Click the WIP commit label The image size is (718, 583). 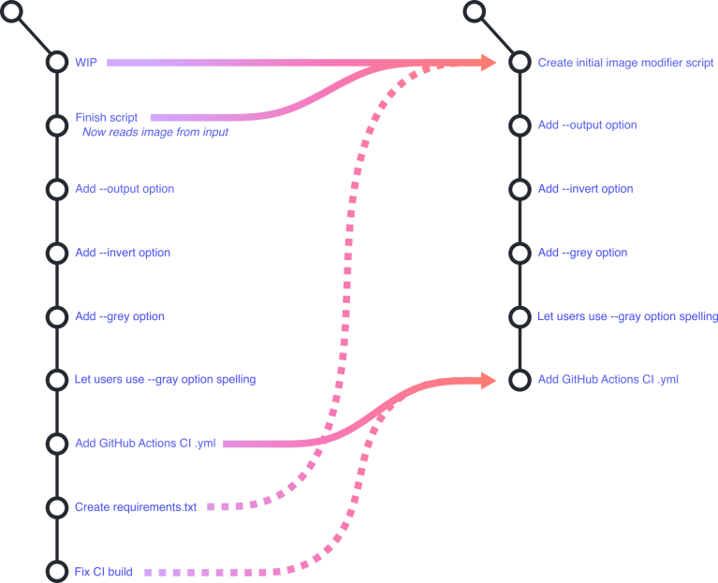[x=86, y=63]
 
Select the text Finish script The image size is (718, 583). [x=107, y=118]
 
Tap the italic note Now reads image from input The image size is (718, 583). [x=155, y=133]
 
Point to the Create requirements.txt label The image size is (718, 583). [x=136, y=507]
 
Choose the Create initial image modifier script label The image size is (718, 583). [x=625, y=63]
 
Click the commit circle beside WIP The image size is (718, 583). [x=58, y=62]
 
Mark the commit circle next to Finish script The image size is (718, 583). [x=58, y=124]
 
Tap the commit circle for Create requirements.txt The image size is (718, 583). [x=58, y=507]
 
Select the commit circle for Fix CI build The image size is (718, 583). [x=58, y=571]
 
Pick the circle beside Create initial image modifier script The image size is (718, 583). [x=520, y=62]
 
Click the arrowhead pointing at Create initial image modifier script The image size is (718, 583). [x=488, y=62]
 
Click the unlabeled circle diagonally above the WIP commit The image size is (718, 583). [x=13, y=12]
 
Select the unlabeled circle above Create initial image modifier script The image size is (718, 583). [x=476, y=12]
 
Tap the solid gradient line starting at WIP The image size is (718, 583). [x=234, y=62]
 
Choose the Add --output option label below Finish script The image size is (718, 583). [x=125, y=189]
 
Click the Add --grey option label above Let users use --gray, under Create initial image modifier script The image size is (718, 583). [x=582, y=253]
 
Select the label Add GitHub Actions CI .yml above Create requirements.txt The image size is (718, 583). [x=146, y=444]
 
